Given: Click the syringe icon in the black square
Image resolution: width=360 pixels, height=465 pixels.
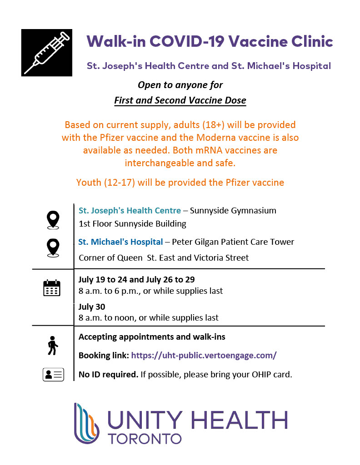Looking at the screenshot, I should click(46, 53).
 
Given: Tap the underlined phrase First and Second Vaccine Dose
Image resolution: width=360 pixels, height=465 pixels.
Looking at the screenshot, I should click(180, 100).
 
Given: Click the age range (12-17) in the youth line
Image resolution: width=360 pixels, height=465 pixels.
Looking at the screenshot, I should click(119, 183).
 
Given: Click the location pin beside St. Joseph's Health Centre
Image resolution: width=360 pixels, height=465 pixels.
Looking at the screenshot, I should click(53, 220).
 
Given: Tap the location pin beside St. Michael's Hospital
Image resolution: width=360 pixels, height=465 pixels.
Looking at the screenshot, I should click(53, 248).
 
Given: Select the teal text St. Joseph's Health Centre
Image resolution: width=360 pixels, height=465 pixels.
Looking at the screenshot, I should click(130, 211).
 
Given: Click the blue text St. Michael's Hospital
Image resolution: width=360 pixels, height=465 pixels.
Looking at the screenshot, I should click(120, 242).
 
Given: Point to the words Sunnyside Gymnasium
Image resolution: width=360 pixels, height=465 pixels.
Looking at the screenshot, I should click(233, 211).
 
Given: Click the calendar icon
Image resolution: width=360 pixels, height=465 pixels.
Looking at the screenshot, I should click(51, 288).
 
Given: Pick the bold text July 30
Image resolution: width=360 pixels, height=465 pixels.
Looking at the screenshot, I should click(92, 307).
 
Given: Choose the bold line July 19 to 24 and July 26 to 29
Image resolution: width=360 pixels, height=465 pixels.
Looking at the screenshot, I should click(136, 279).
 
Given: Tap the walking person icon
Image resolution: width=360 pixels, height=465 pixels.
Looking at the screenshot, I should click(53, 345).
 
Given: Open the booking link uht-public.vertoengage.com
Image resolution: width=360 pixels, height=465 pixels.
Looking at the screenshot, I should click(204, 356).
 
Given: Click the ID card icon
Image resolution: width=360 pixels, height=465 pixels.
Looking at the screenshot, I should click(53, 375).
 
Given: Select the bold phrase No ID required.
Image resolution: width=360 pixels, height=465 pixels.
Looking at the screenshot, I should click(108, 375).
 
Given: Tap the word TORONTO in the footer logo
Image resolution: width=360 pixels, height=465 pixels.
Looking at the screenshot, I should click(145, 439).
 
